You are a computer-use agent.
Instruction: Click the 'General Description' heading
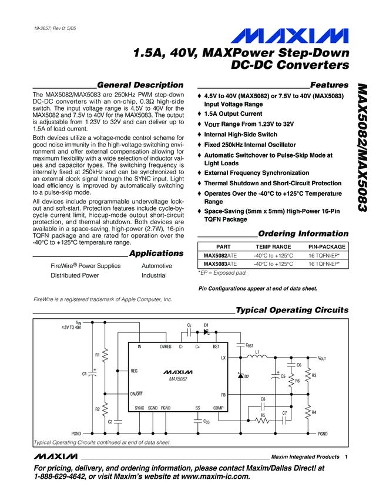[x=140, y=85]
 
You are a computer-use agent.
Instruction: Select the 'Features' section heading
[x=329, y=85]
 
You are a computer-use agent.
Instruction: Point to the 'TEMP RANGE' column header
[x=273, y=246]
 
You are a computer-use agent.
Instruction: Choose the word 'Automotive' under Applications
[x=157, y=266]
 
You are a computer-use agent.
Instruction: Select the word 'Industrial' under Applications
[x=154, y=275]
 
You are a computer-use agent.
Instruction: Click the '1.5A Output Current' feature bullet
[x=233, y=114]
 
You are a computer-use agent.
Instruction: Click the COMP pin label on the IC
[x=219, y=408]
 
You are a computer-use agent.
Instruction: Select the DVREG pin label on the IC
[x=166, y=346]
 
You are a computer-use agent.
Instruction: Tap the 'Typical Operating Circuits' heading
[x=291, y=310]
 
